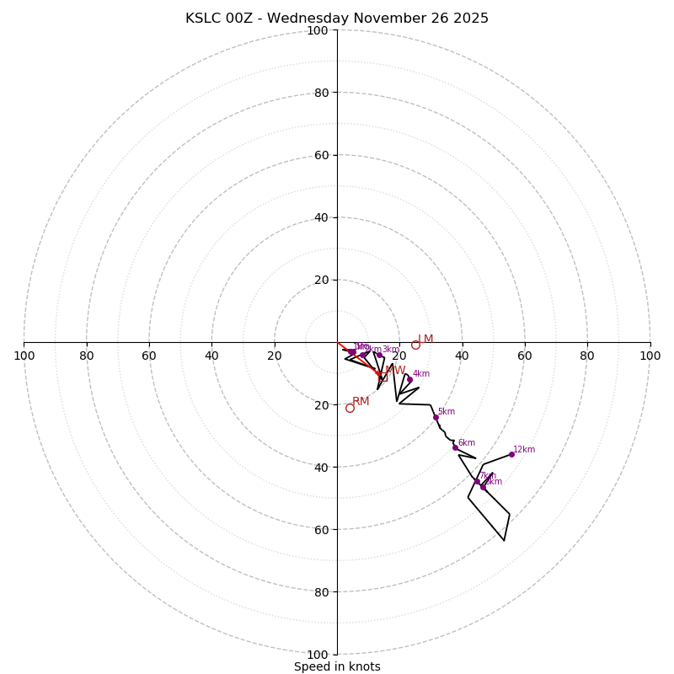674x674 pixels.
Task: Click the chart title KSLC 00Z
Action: [x=336, y=19]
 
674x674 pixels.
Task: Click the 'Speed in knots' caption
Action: [x=337, y=666]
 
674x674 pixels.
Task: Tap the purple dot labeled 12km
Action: [x=511, y=454]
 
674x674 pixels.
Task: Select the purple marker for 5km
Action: [x=436, y=417]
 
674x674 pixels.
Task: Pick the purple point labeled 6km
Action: [x=455, y=447]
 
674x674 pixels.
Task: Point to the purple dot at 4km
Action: [x=409, y=379]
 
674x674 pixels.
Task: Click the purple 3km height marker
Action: [x=379, y=355]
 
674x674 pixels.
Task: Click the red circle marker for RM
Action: [x=350, y=408]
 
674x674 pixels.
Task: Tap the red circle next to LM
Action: [x=415, y=345]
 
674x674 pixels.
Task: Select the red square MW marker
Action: [x=383, y=377]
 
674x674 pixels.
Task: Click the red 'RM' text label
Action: [x=361, y=401]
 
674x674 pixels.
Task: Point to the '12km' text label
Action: [x=524, y=449]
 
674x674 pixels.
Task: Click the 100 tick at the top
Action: [x=318, y=30]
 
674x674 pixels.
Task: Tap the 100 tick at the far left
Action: [x=24, y=356]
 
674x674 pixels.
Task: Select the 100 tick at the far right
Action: [x=650, y=356]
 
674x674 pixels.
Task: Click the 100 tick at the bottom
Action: [x=318, y=655]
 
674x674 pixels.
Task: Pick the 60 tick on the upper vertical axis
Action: [x=321, y=155]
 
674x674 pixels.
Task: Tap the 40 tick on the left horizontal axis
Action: [x=211, y=356]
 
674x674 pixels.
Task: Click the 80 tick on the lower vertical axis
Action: [x=321, y=592]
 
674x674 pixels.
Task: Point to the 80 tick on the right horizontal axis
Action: [x=587, y=356]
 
